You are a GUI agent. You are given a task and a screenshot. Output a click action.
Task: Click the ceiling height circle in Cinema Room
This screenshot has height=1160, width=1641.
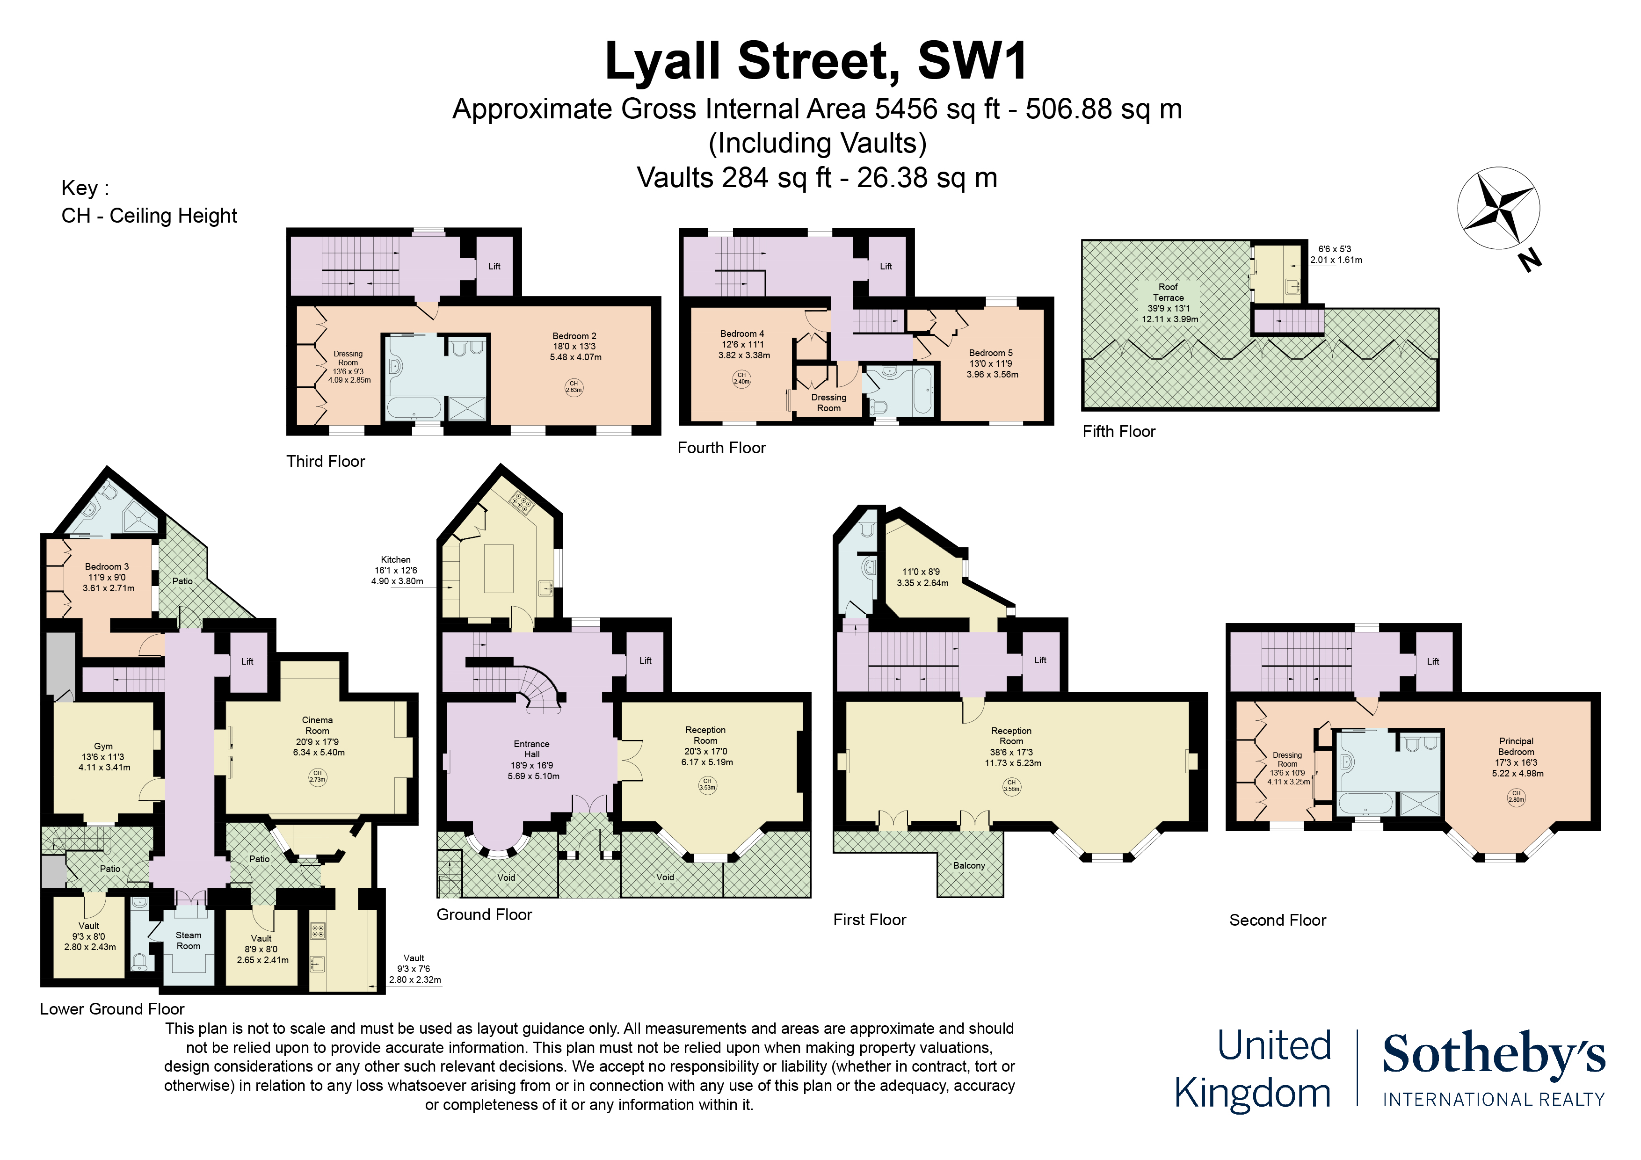point(317,776)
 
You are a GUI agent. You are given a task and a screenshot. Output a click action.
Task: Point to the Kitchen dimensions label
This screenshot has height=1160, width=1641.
point(397,570)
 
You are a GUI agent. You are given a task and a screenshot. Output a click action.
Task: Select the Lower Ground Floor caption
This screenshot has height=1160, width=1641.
point(112,1009)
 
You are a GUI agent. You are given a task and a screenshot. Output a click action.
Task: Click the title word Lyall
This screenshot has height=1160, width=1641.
point(662,61)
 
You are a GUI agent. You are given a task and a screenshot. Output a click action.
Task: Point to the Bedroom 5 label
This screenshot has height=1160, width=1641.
point(991,353)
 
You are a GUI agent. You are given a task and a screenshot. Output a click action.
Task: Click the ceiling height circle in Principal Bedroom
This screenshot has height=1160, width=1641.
point(1516,796)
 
